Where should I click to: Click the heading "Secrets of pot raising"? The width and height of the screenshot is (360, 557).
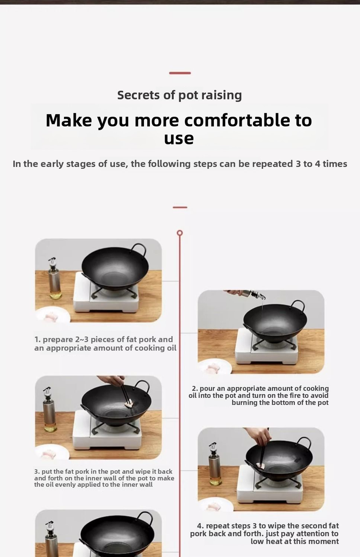[x=180, y=95]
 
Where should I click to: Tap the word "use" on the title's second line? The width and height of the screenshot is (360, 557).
[x=179, y=139]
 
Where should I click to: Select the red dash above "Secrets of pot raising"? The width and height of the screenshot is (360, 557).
[x=180, y=73]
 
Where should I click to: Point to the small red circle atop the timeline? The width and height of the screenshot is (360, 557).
[x=180, y=233]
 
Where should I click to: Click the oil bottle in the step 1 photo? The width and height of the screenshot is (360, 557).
[x=55, y=278]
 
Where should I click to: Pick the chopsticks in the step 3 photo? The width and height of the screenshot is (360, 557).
[x=125, y=392]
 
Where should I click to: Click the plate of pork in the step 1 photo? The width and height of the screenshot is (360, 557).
[x=53, y=315]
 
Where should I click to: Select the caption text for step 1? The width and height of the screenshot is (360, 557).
[x=105, y=344]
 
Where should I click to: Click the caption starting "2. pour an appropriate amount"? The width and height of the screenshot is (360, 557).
[x=258, y=395]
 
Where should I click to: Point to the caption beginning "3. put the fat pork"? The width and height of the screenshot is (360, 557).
[x=104, y=478]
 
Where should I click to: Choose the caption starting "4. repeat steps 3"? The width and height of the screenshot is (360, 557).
[x=265, y=533]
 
